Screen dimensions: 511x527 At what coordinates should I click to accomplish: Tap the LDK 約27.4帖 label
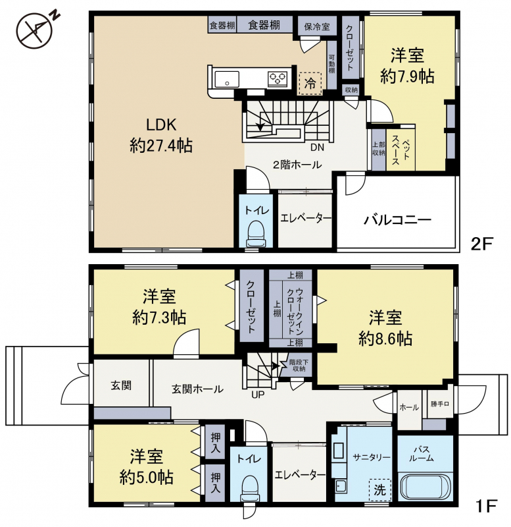pyautogui.click(x=161, y=136)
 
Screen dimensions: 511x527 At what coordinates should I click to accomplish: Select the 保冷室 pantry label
pyautogui.click(x=317, y=26)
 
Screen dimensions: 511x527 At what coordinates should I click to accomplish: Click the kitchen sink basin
pyautogui.click(x=226, y=79)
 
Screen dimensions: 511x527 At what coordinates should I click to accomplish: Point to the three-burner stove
pyautogui.click(x=278, y=79)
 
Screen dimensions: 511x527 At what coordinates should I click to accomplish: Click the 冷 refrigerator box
pyautogui.click(x=310, y=84)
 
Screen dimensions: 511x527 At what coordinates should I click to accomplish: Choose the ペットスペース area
pyautogui.click(x=401, y=150)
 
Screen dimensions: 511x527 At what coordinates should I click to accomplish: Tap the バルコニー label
pyautogui.click(x=397, y=220)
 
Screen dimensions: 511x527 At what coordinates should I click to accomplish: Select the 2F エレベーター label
pyautogui.click(x=306, y=219)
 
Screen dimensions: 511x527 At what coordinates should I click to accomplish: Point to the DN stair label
pyautogui.click(x=317, y=147)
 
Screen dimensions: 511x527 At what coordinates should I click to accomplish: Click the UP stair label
pyautogui.click(x=258, y=395)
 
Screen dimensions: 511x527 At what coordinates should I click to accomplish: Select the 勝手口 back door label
pyautogui.click(x=439, y=404)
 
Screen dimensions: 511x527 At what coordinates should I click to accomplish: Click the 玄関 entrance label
pyautogui.click(x=121, y=385)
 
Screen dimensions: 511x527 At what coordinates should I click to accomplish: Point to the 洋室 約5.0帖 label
pyautogui.click(x=147, y=466)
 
